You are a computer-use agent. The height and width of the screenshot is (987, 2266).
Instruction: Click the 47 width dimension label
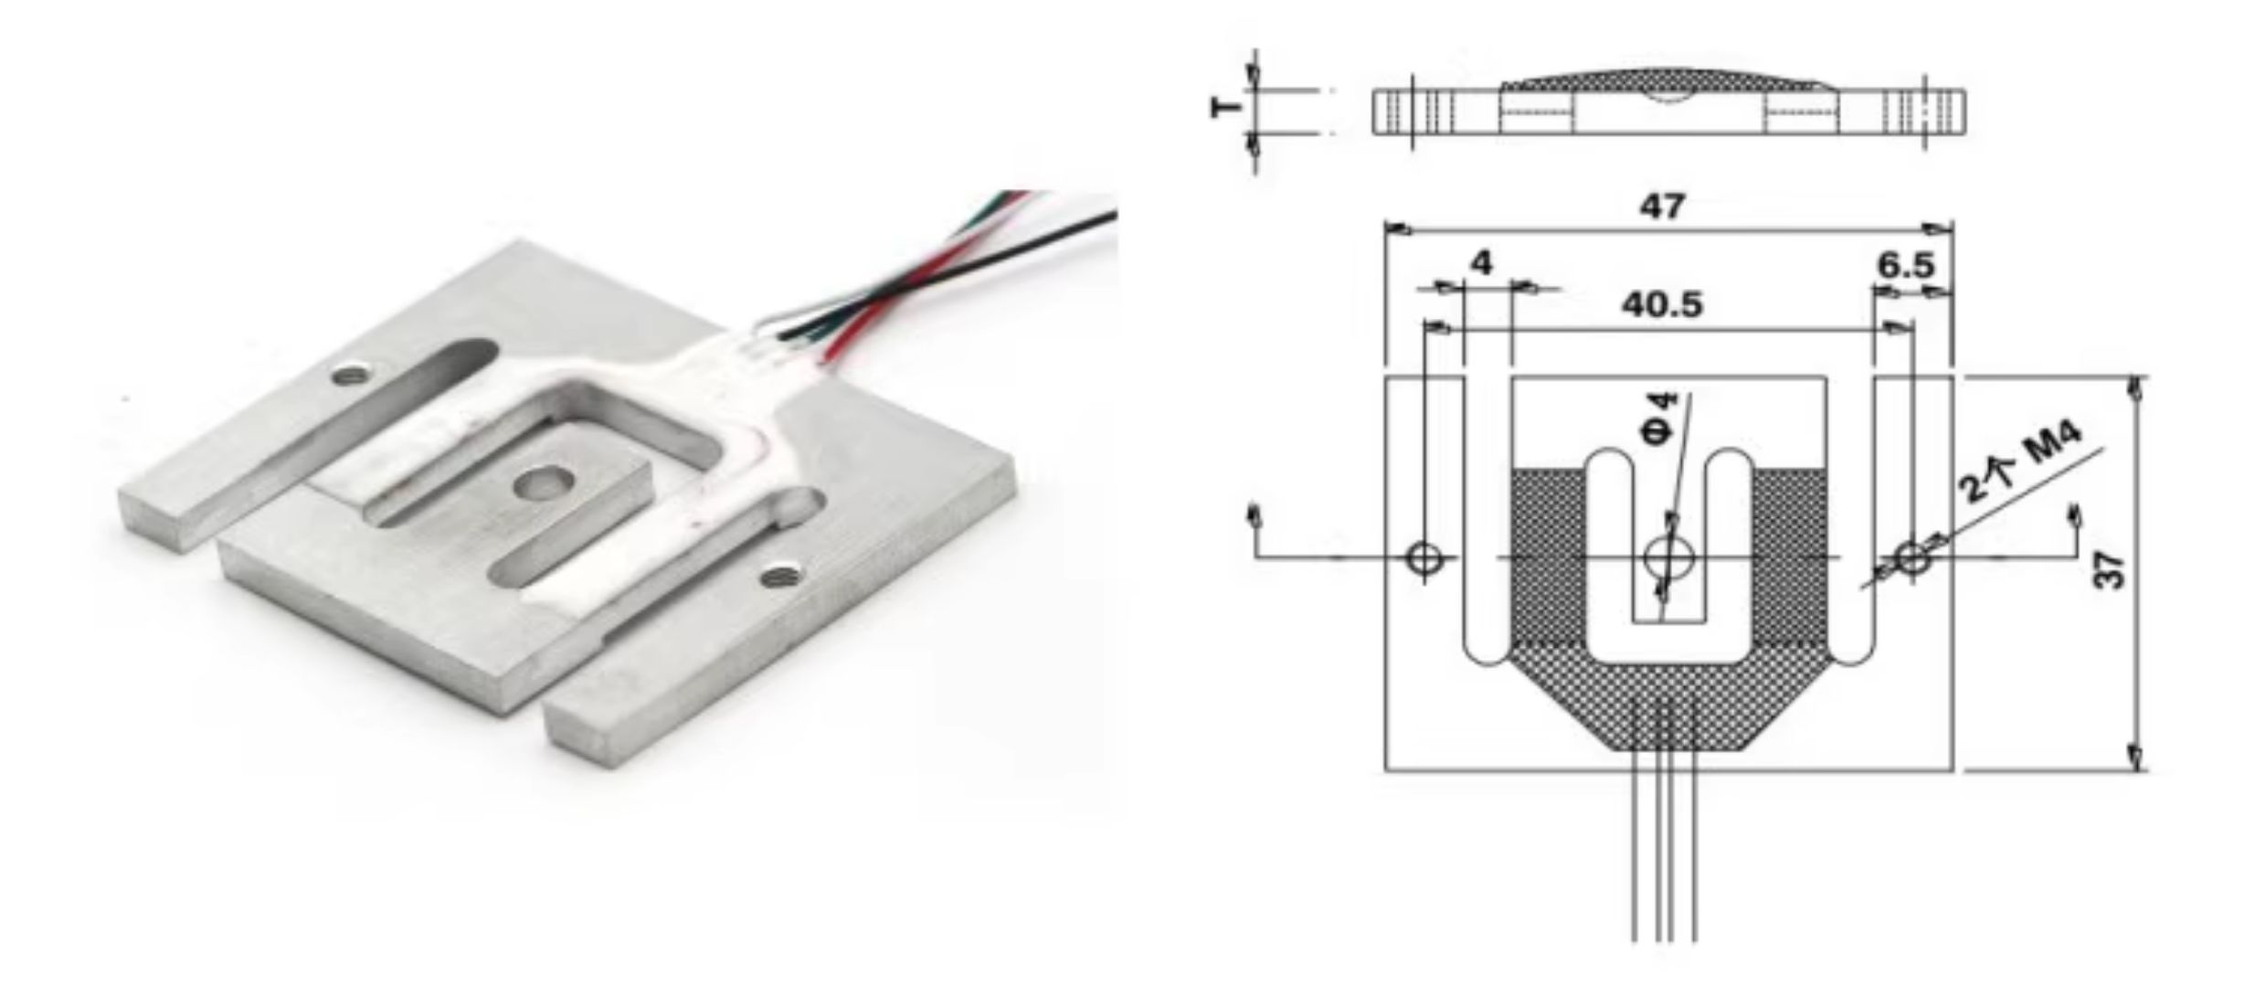1662,207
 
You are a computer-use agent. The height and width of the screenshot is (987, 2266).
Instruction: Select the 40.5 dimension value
1663,304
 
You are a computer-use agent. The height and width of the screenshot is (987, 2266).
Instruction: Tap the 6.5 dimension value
1907,266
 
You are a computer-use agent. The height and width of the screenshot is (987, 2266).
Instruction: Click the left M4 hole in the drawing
1424,557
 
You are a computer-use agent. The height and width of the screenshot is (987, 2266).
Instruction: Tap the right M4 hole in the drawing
1911,557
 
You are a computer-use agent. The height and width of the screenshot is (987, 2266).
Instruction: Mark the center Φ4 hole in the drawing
1668,557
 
